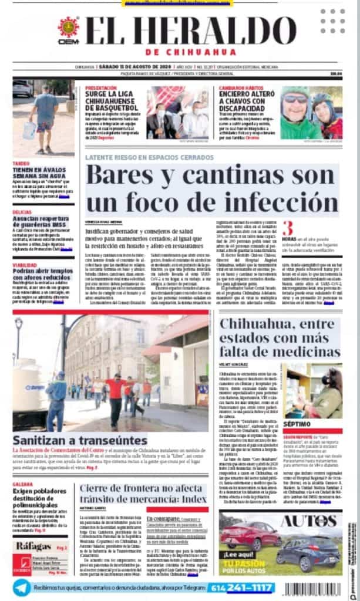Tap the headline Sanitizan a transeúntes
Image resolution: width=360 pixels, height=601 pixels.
72,440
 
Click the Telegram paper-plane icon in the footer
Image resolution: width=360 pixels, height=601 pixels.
22,587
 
